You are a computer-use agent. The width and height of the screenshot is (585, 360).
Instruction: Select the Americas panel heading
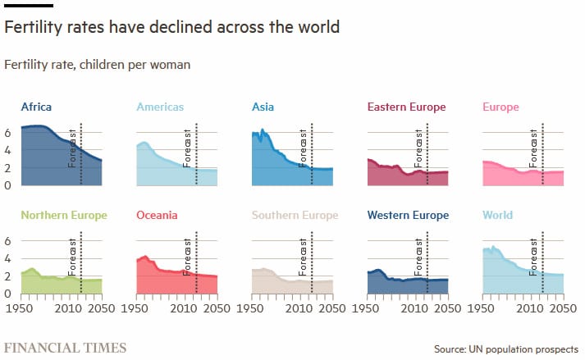(160, 107)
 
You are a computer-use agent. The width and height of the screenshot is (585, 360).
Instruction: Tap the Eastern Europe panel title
(406, 107)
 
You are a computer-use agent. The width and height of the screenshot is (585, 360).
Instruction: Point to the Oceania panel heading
(157, 216)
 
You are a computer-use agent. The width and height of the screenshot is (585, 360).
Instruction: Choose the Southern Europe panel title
(295, 216)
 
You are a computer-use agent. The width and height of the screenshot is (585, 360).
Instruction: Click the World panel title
(497, 216)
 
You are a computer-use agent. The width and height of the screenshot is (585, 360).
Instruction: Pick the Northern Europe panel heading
(64, 216)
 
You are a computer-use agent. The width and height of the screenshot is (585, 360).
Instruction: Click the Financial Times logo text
(66, 348)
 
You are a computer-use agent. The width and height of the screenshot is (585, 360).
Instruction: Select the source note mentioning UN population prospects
(506, 349)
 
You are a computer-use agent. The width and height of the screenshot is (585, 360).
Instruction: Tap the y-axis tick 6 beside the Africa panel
(8, 132)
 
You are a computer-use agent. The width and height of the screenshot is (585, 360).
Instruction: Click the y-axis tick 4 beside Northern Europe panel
(8, 259)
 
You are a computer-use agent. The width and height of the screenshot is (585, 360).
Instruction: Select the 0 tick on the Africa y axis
(8, 185)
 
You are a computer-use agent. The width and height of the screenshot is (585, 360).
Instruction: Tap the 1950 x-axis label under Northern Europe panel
(20, 310)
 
